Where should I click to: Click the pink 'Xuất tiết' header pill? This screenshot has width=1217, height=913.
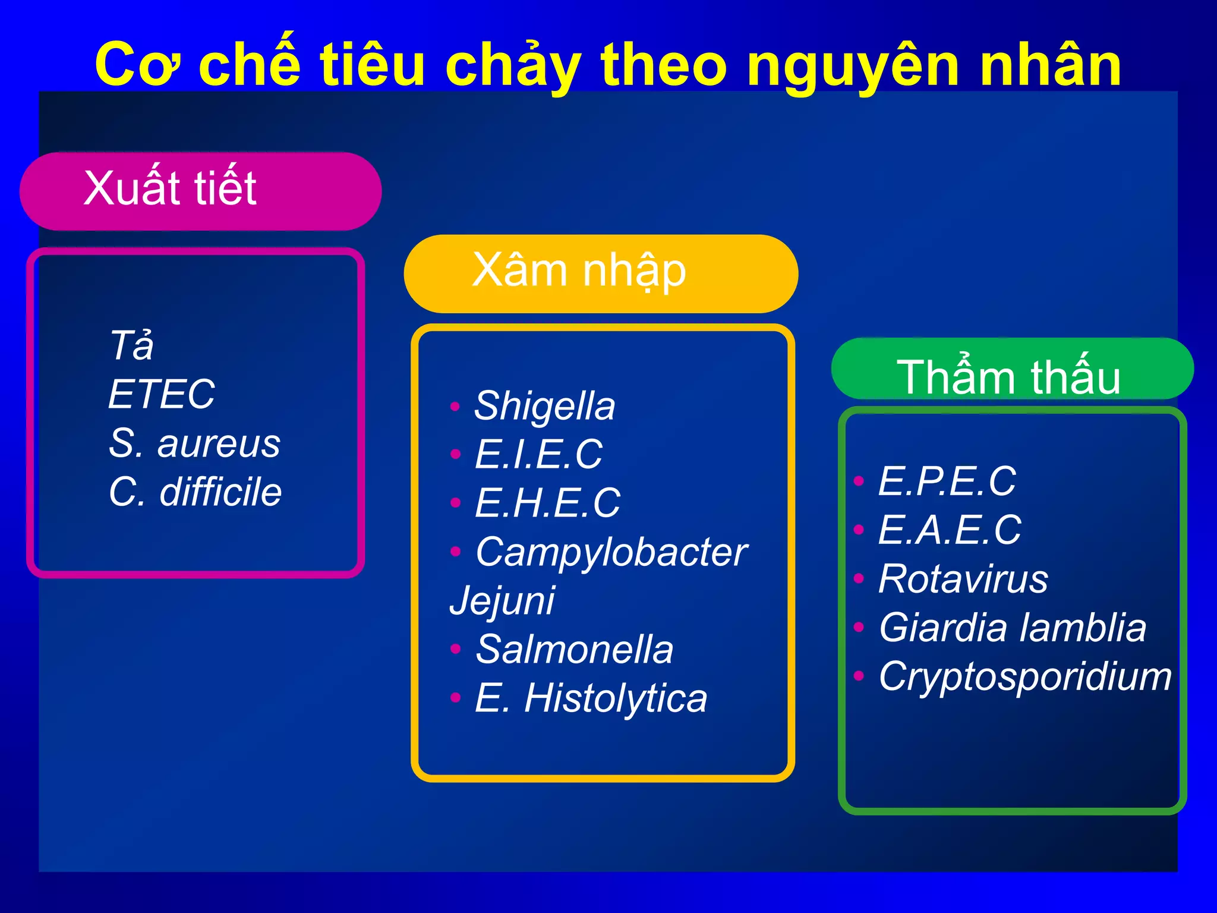pyautogui.click(x=200, y=190)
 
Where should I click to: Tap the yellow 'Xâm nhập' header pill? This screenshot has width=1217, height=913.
pyautogui.click(x=600, y=273)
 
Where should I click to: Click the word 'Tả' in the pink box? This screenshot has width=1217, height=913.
pyautogui.click(x=131, y=346)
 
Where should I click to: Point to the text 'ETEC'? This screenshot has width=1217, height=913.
pyautogui.click(x=161, y=395)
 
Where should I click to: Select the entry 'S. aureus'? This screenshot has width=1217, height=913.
pyautogui.click(x=194, y=443)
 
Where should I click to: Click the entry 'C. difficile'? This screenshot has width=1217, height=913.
pyautogui.click(x=195, y=492)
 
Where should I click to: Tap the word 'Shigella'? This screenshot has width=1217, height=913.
pyautogui.click(x=544, y=407)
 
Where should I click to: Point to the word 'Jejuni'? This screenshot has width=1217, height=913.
pyautogui.click(x=502, y=600)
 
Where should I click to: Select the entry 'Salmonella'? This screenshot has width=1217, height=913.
pyautogui.click(x=575, y=650)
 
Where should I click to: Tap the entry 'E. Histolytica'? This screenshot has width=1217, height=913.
pyautogui.click(x=591, y=698)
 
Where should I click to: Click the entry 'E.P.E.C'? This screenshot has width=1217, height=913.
pyautogui.click(x=947, y=481)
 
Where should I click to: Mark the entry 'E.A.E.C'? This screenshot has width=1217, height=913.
pyautogui.click(x=950, y=530)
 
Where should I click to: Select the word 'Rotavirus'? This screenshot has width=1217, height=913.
pyautogui.click(x=963, y=579)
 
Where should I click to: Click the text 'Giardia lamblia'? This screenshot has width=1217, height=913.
pyautogui.click(x=1012, y=628)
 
